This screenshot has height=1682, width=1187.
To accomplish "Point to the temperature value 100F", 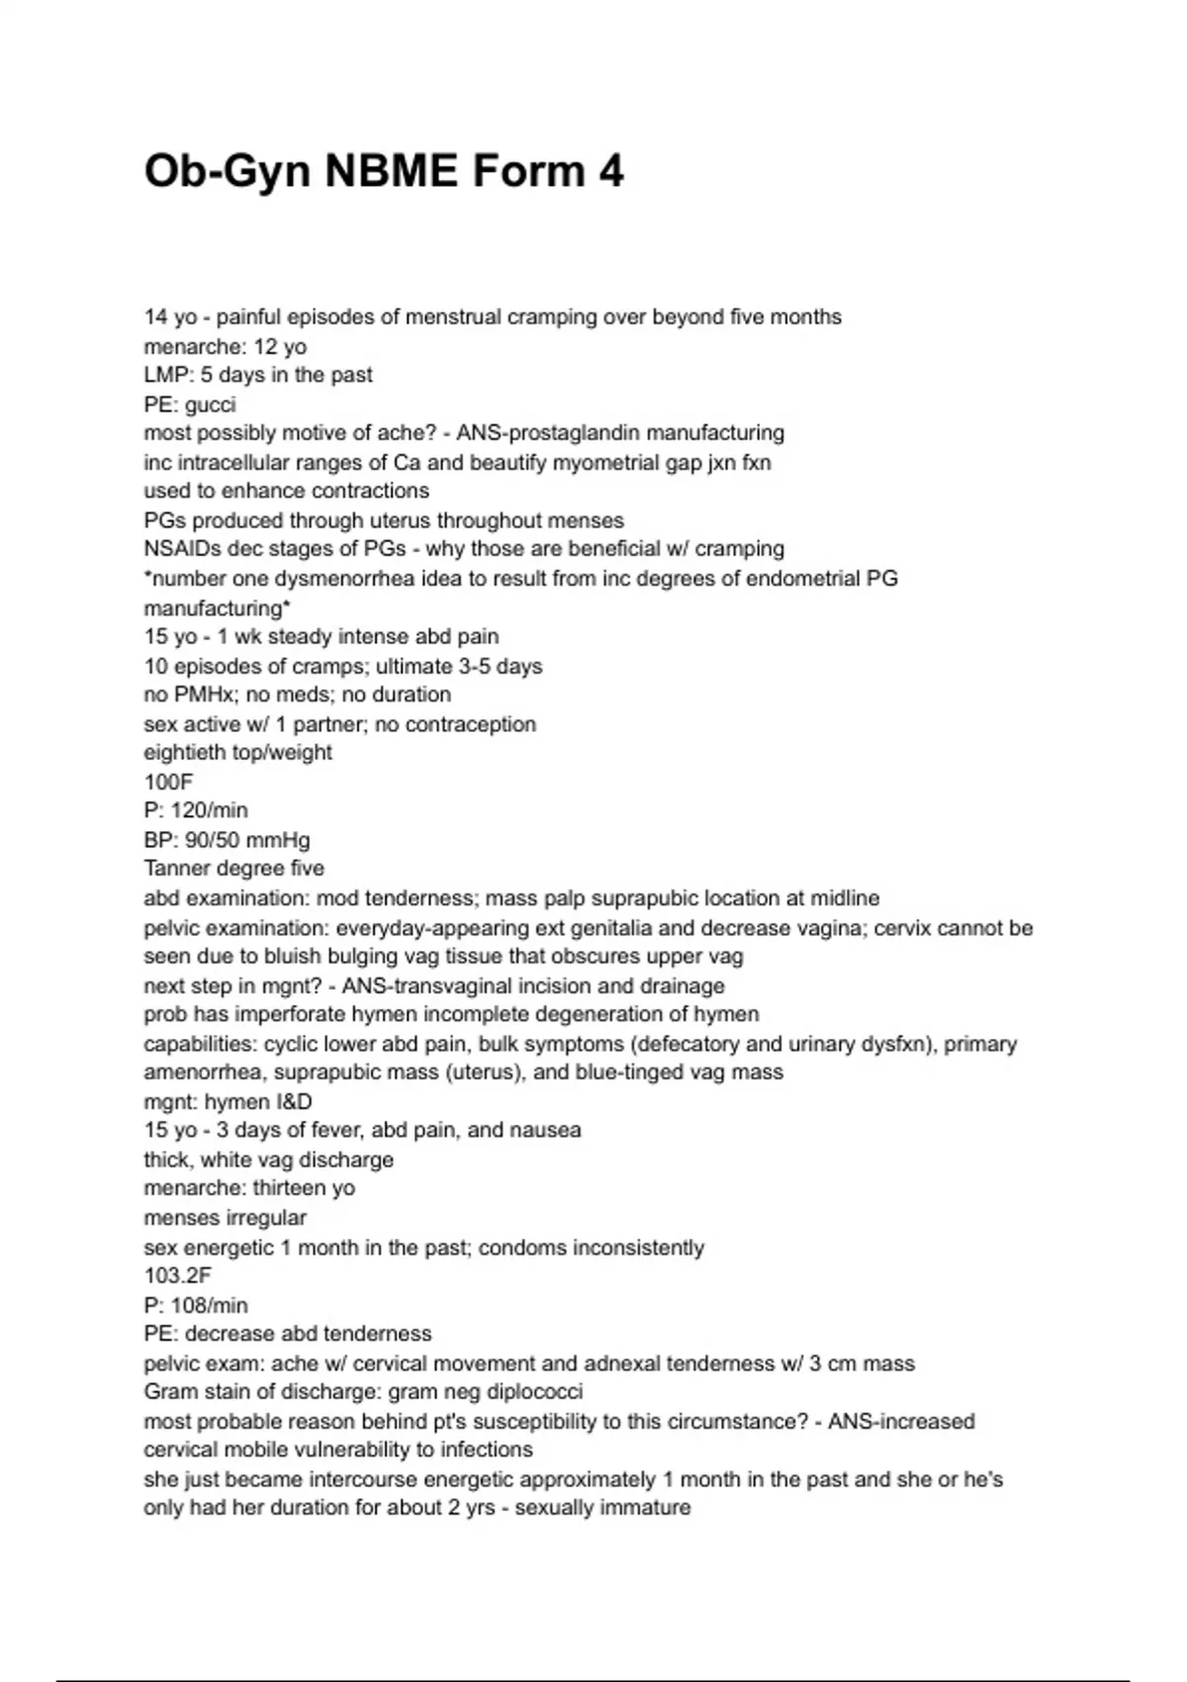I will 168,782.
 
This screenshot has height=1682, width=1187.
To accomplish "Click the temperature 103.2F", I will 178,1276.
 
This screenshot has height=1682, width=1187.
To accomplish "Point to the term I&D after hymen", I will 287,1102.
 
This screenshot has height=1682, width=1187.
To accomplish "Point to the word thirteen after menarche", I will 294,1188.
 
